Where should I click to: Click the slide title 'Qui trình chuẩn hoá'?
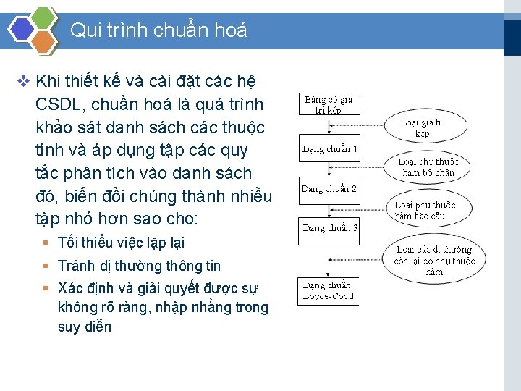click(x=158, y=30)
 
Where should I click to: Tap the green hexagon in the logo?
click(x=45, y=17)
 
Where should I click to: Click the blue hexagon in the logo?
click(x=22, y=29)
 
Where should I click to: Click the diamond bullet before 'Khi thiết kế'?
click(x=22, y=80)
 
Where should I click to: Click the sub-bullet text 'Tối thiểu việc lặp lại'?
click(x=121, y=243)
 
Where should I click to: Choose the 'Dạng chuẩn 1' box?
click(x=329, y=149)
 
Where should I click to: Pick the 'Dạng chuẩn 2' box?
click(x=329, y=189)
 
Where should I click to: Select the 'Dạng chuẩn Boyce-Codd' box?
click(x=329, y=291)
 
